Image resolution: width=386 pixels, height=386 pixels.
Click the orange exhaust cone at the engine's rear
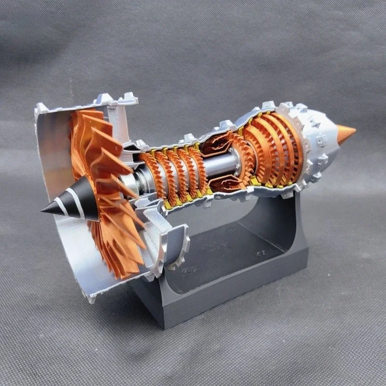tap(345, 134)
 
